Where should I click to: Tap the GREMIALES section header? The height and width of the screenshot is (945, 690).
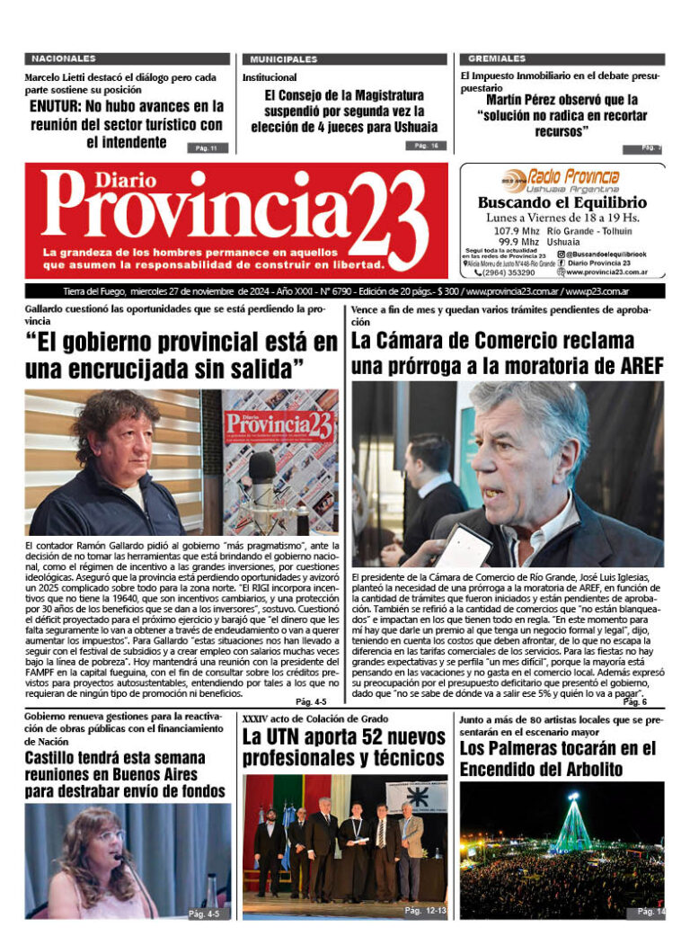(x=491, y=58)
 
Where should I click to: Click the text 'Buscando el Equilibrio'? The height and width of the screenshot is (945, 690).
(x=562, y=203)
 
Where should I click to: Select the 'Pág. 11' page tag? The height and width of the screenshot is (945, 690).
(x=207, y=147)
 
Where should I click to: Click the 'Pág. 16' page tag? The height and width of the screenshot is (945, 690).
(x=425, y=146)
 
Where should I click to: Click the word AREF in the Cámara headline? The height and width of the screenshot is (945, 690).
(x=635, y=366)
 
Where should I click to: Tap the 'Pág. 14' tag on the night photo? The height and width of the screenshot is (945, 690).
(x=650, y=911)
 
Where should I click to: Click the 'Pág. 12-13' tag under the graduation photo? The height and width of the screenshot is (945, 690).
(x=424, y=911)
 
